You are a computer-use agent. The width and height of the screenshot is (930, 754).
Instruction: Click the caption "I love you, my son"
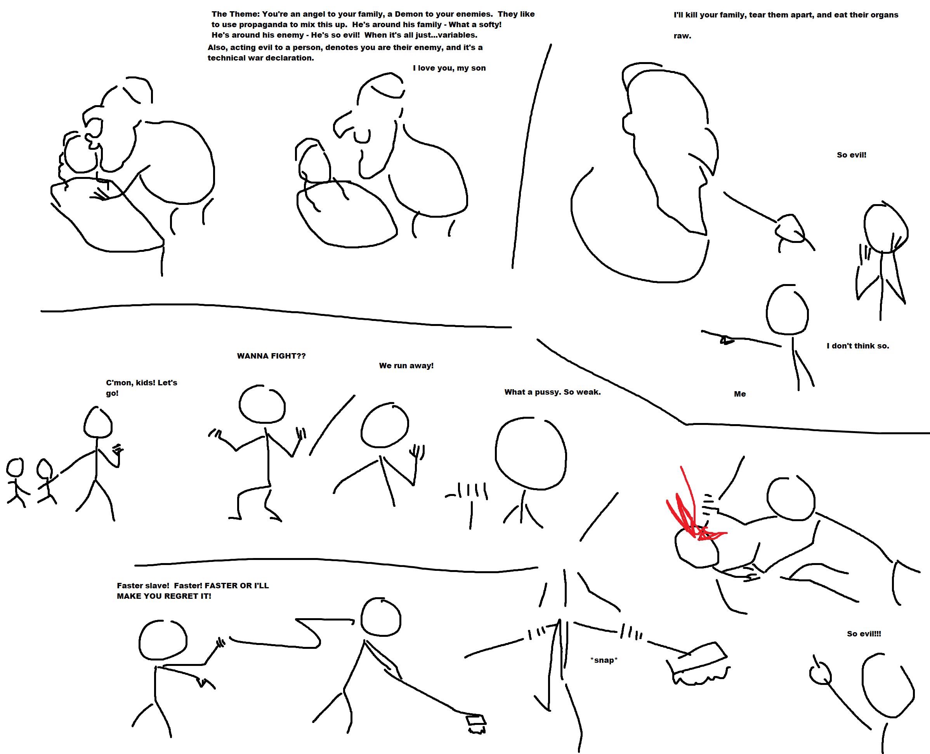[x=449, y=68]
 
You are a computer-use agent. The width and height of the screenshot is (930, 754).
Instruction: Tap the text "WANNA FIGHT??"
[x=271, y=356]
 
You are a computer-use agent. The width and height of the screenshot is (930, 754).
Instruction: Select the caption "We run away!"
[x=406, y=366]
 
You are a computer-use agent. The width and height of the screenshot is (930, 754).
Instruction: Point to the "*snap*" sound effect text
[x=604, y=660]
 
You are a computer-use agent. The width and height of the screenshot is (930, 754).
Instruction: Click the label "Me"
[x=740, y=394]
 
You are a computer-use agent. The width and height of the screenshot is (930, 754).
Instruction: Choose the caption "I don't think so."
[x=858, y=346]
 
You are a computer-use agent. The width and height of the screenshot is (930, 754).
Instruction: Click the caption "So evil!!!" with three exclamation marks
[x=864, y=634]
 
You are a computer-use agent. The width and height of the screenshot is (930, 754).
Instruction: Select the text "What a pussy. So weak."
[x=552, y=392]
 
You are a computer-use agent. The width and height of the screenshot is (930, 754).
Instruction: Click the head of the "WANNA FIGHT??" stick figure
[x=262, y=404]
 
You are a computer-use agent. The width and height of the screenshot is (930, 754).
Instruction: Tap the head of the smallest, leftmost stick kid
[x=15, y=467]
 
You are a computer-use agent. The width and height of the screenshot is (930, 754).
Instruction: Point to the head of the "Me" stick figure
[x=787, y=309]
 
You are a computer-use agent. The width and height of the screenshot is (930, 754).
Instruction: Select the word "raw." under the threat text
[x=682, y=36]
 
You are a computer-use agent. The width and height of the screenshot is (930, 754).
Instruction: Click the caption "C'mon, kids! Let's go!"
[x=142, y=388]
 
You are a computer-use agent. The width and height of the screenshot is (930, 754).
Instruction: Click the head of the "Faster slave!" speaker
[x=163, y=640]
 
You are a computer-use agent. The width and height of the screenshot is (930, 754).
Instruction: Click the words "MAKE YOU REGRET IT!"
[x=164, y=596]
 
